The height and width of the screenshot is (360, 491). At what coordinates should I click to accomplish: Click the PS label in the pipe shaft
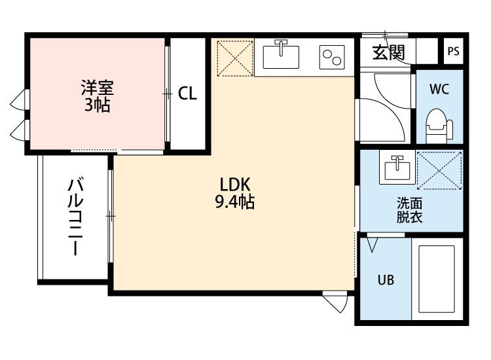point(453,51)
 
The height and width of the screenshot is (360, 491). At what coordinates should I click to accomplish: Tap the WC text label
point(439,89)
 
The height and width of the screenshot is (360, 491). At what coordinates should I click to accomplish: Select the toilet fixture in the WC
point(439,125)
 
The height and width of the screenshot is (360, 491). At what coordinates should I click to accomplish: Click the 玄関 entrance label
point(389,52)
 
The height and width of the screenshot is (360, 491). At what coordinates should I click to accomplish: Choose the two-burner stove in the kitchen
point(332,58)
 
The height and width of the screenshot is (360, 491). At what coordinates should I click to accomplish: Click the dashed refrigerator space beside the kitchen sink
point(235,58)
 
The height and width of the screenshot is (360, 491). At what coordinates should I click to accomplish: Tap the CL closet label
point(187,93)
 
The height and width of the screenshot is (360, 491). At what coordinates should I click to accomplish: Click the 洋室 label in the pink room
point(98,87)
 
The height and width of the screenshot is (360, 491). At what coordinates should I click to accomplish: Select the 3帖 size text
point(98,105)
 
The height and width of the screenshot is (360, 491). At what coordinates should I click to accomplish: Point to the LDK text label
point(235,185)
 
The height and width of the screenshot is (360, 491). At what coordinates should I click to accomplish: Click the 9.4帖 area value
point(234,202)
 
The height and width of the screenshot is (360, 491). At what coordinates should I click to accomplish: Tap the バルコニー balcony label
point(76,216)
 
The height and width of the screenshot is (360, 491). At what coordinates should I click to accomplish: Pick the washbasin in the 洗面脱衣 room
point(397,168)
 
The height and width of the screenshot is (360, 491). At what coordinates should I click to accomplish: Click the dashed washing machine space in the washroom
point(439,170)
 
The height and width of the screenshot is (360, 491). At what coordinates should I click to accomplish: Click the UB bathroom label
point(386,280)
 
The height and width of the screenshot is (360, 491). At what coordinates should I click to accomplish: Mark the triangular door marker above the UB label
point(372,245)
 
